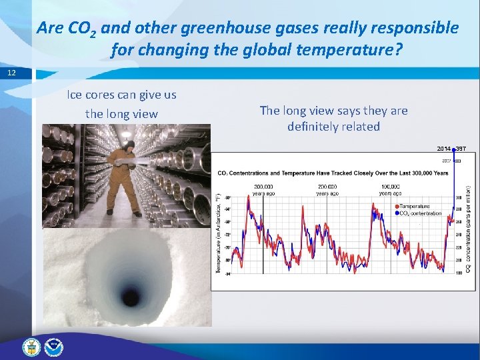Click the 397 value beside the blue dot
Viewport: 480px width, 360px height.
461,148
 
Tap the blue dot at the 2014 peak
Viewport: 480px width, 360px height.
453,149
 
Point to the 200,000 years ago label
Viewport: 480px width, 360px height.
327,190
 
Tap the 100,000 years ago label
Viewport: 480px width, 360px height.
390,190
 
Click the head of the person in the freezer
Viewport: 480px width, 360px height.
130,144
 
